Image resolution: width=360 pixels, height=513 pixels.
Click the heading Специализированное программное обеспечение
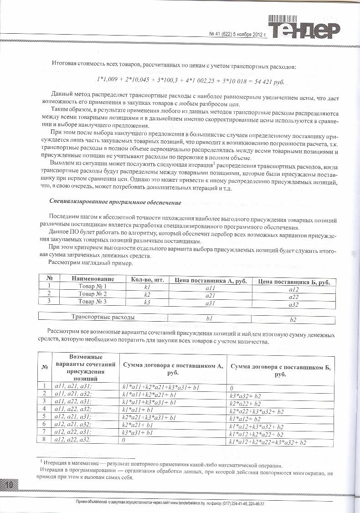(x=115, y=202)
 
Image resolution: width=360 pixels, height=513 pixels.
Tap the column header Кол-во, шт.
(x=147, y=280)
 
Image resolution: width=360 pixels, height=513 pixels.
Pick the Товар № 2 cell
(x=92, y=295)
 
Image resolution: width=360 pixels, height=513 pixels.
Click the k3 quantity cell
(x=147, y=303)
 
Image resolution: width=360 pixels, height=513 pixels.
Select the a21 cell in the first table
(x=210, y=295)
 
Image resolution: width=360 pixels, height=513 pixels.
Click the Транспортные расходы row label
(x=103, y=317)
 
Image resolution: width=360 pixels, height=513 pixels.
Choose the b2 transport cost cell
(x=293, y=319)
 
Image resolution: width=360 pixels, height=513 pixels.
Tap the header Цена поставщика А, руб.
(x=210, y=281)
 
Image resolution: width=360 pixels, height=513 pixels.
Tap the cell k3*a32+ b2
(x=246, y=395)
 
